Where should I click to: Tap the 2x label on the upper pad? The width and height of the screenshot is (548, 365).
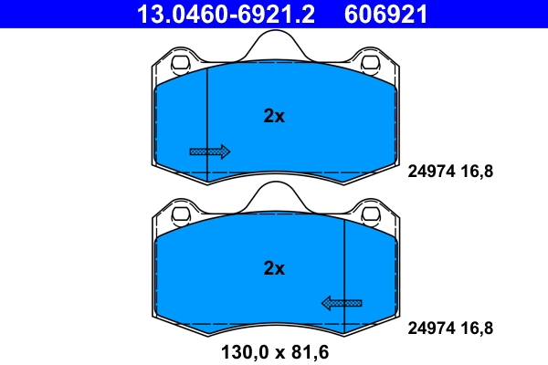click(274, 116)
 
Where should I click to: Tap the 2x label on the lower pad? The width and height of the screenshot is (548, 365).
click(274, 268)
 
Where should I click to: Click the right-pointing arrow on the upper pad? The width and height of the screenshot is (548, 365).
click(210, 151)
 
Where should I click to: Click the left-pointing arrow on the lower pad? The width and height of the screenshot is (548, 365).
click(341, 303)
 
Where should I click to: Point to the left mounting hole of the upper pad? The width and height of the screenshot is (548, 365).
click(180, 64)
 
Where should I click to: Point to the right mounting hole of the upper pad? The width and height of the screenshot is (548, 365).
click(370, 64)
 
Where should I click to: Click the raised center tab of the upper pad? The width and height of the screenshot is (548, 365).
click(274, 46)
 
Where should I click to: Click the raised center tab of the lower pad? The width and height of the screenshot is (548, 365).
click(274, 197)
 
